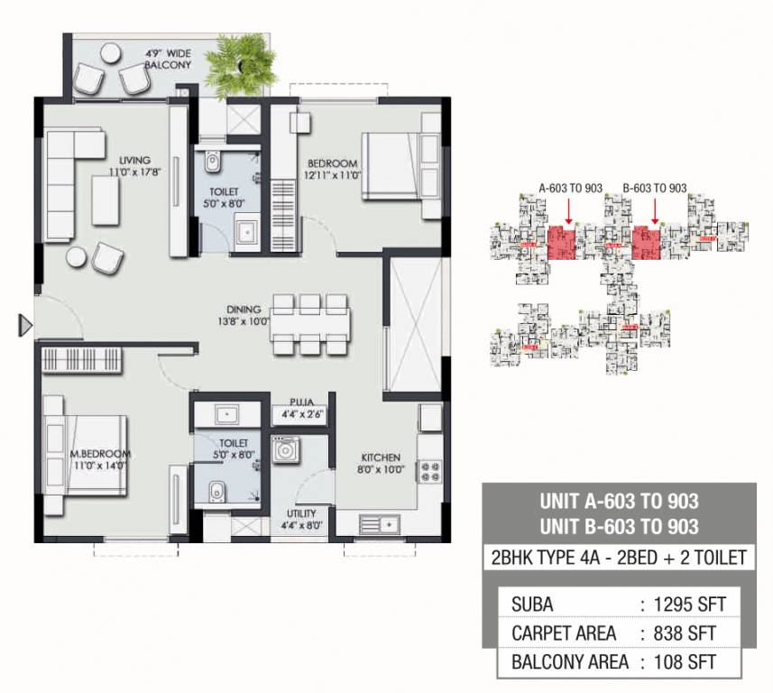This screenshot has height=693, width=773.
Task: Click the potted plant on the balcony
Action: click(236, 61)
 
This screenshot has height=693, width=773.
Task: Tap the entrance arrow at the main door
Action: click(25, 326)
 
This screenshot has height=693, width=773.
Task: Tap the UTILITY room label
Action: click(301, 515)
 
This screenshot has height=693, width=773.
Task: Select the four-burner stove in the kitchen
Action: click(427, 472)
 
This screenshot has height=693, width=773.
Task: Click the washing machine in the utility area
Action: click(286, 450)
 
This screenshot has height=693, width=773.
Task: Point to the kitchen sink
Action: click(377, 522)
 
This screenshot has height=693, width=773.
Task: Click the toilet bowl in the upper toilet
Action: click(212, 162)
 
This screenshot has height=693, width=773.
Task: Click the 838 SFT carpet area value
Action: click(687, 633)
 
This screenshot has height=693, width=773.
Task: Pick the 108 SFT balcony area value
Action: click(687, 661)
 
